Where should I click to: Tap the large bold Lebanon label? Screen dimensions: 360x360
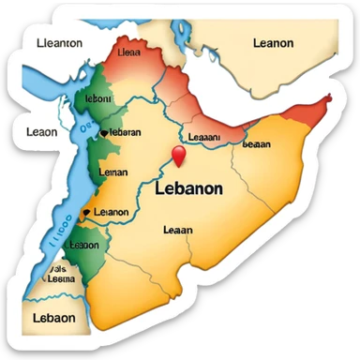(x=187, y=188)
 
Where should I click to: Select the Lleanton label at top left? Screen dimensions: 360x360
(x=58, y=42)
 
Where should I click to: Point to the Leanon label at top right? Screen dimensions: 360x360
(x=273, y=43)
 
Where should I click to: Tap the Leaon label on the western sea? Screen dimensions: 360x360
(x=41, y=132)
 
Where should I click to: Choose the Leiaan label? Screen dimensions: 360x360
(x=113, y=172)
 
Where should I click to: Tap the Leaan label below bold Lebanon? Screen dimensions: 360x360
(x=177, y=230)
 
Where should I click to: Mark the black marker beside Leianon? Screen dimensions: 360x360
(x=87, y=213)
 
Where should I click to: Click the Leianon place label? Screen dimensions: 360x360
(x=112, y=212)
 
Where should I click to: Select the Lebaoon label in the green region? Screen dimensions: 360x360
(x=83, y=246)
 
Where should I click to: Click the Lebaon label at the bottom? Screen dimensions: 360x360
(x=52, y=318)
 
